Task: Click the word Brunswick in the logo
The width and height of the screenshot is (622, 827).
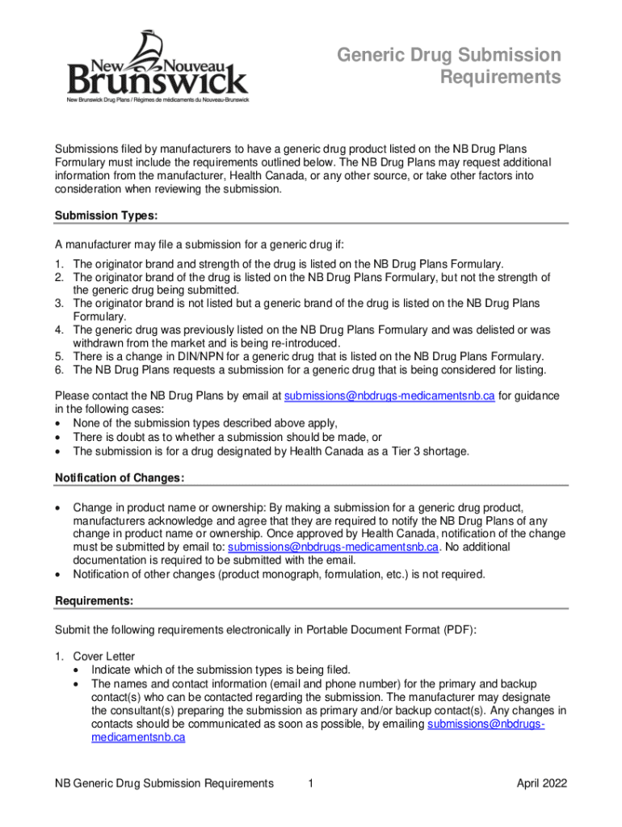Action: click(x=158, y=80)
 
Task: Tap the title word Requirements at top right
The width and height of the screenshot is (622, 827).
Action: click(x=500, y=78)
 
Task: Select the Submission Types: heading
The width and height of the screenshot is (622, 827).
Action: click(x=105, y=216)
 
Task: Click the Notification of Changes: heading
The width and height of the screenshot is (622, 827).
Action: click(x=120, y=478)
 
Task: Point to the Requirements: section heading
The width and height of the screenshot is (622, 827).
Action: click(x=94, y=601)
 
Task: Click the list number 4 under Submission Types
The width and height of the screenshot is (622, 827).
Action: click(x=59, y=330)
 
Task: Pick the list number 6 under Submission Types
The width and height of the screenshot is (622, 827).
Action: click(x=59, y=370)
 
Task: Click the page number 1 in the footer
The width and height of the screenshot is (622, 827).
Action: click(x=312, y=783)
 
